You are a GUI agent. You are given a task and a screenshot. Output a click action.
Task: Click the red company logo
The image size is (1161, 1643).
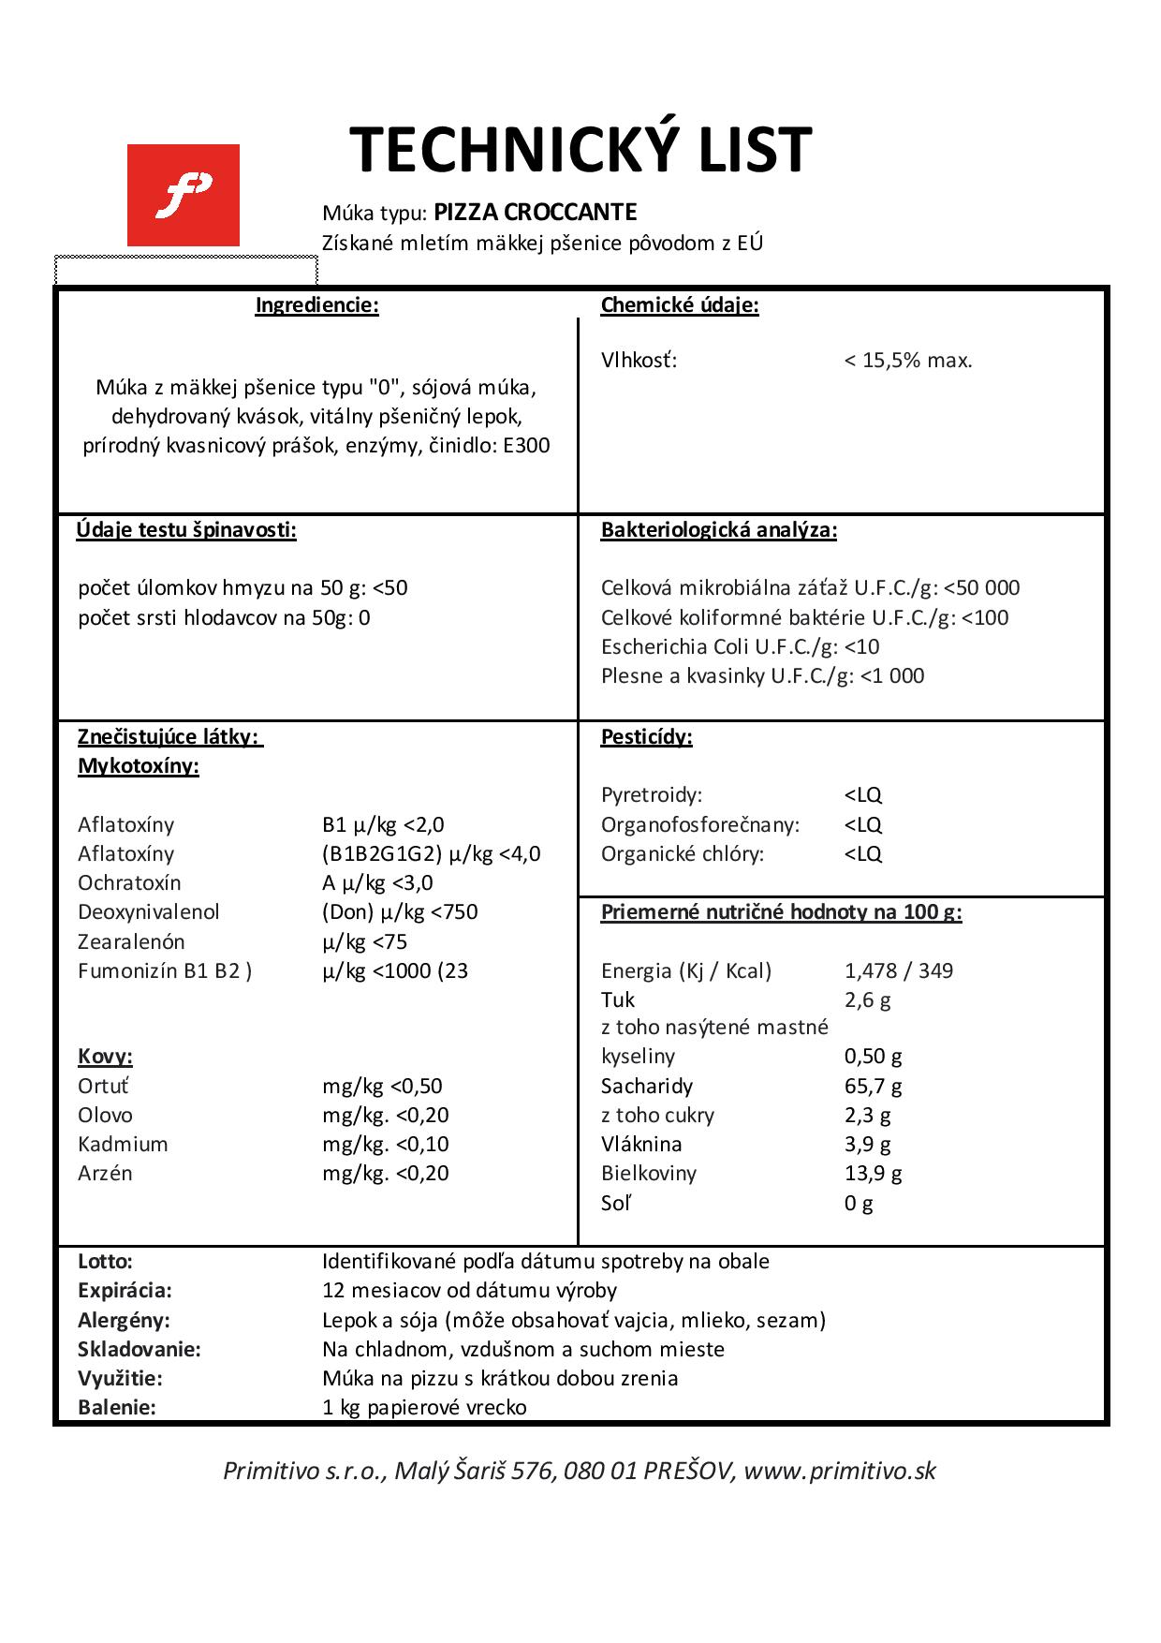click(184, 195)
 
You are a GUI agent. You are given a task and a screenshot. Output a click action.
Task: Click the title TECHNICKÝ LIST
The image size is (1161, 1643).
click(580, 150)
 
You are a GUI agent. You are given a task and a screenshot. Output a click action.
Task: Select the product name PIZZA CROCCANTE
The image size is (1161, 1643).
click(536, 213)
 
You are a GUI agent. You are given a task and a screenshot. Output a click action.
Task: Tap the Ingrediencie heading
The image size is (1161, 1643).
click(317, 305)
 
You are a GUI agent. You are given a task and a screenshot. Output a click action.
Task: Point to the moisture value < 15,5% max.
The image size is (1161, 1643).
click(908, 361)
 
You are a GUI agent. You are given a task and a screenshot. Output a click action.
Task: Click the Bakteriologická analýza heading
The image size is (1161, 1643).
click(718, 530)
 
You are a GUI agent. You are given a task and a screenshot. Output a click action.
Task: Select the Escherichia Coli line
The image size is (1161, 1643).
click(740, 646)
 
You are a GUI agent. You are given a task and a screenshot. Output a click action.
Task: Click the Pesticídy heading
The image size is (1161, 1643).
click(646, 737)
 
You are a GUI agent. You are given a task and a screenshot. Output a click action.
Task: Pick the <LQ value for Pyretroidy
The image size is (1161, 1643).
click(863, 795)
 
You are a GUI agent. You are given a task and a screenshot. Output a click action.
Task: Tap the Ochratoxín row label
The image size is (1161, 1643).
click(129, 883)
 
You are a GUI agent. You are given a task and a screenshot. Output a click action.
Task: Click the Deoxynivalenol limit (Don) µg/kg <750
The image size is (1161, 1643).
click(400, 912)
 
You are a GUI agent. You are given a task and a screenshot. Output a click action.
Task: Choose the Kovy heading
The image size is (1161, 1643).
click(105, 1058)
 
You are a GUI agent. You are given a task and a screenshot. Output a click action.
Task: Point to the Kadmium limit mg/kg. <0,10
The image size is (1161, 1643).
click(386, 1145)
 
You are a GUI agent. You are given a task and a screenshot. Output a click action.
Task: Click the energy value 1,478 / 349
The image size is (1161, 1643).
click(898, 971)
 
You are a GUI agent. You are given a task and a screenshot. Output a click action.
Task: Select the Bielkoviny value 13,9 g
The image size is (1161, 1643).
click(873, 1174)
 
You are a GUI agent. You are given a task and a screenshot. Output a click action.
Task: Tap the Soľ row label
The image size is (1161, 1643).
click(615, 1204)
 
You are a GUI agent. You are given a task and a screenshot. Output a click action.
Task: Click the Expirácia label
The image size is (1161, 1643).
click(125, 1291)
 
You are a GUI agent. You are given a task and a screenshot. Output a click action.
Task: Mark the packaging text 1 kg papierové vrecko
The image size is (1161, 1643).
click(424, 1408)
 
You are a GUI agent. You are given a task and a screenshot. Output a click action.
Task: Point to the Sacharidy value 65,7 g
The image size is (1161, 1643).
click(873, 1087)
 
